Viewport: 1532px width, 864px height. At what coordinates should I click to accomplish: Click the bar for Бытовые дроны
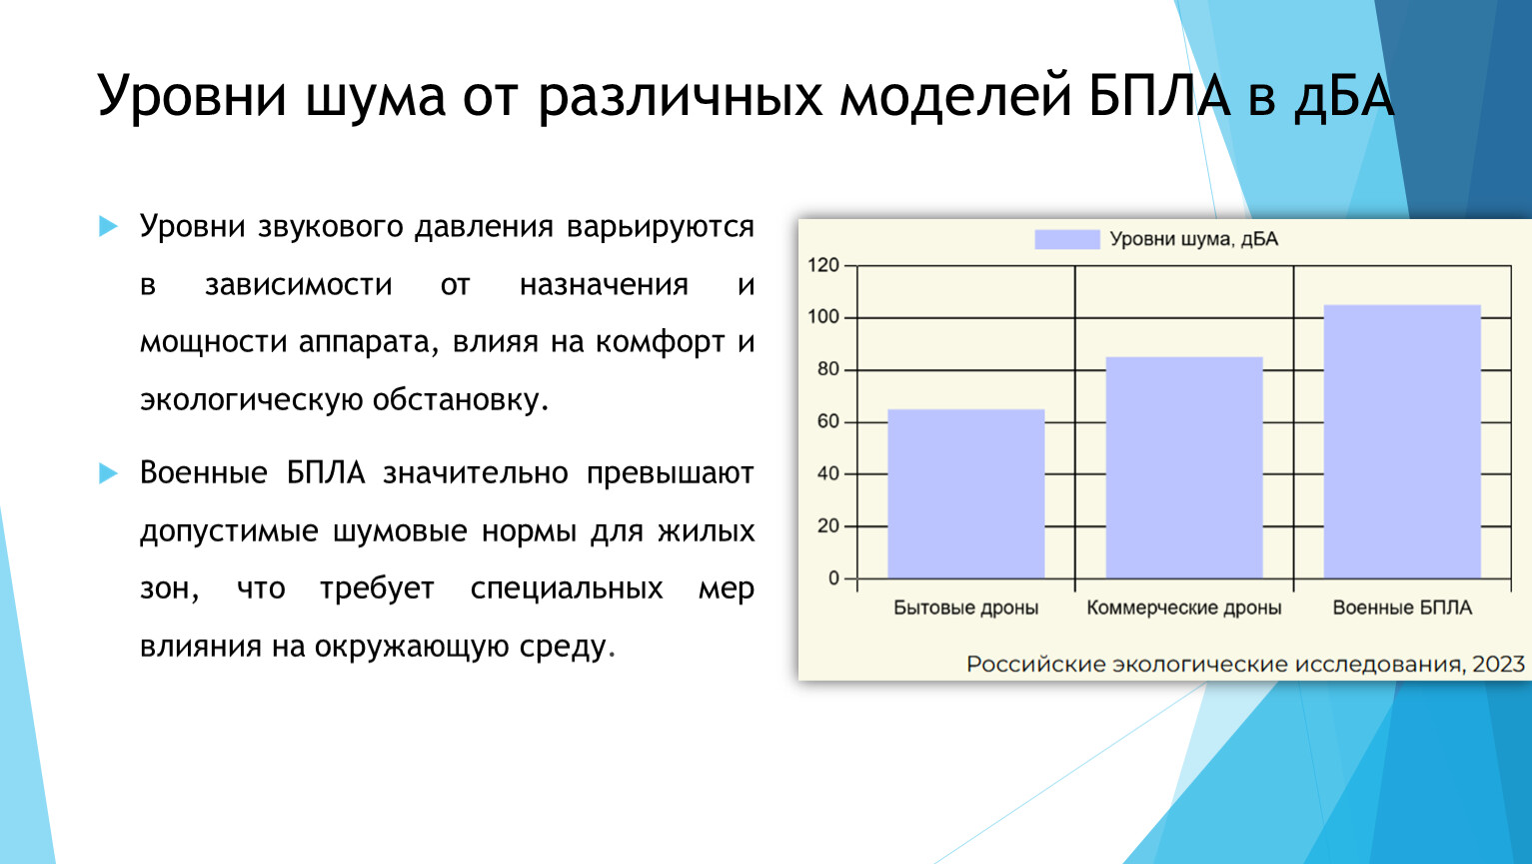click(965, 494)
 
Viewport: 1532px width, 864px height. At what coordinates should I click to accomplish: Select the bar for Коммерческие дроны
click(1184, 468)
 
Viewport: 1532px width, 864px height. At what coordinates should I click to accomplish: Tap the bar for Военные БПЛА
click(1402, 442)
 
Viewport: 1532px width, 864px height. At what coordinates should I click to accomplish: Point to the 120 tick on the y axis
click(822, 265)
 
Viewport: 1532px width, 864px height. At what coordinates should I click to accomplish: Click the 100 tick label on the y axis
click(822, 317)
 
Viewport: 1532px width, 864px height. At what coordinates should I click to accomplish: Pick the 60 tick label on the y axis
click(827, 421)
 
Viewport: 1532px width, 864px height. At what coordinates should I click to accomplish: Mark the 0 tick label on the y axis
click(833, 579)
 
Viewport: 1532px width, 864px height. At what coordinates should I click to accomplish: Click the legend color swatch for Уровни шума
click(1067, 239)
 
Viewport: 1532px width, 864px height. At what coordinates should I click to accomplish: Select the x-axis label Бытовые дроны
click(965, 608)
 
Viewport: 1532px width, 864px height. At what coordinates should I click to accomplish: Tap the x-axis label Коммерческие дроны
click(1184, 608)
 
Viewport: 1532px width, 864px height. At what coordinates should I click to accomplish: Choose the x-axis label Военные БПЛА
click(1402, 608)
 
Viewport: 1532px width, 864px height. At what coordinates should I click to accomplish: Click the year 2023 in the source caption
click(1498, 664)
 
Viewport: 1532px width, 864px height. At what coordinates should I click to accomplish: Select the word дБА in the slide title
click(1344, 95)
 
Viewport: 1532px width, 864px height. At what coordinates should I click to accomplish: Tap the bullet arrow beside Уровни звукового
click(108, 226)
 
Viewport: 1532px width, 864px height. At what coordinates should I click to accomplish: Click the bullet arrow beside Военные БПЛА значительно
click(108, 472)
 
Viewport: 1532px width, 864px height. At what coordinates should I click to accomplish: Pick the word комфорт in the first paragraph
click(660, 343)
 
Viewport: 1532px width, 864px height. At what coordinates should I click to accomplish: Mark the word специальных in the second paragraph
click(567, 589)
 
